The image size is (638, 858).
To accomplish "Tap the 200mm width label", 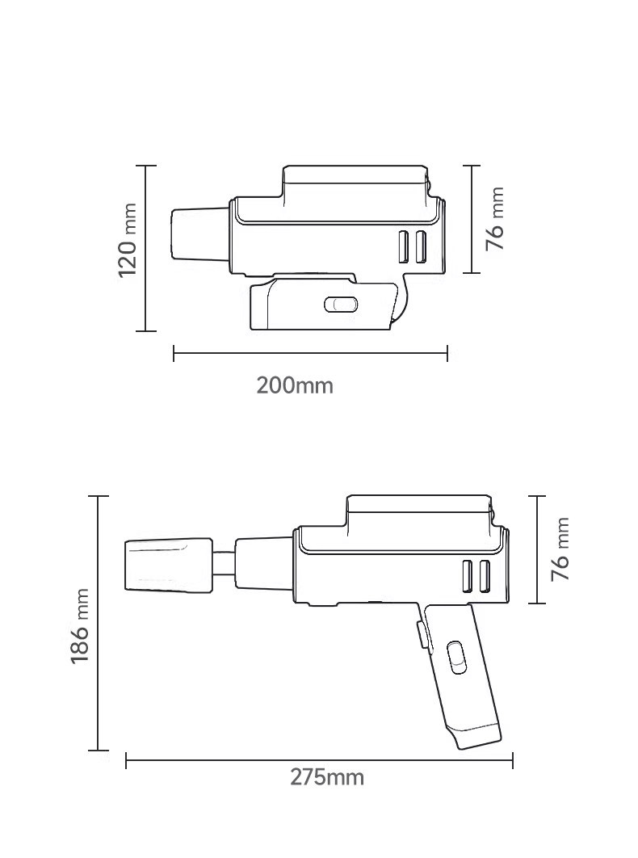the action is (295, 385).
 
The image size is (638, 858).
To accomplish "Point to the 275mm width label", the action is (326, 777).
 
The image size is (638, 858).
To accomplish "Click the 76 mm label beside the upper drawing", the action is (495, 219).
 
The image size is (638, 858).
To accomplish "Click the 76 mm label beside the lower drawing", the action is (560, 549).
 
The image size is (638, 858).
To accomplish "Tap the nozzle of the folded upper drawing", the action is (200, 234).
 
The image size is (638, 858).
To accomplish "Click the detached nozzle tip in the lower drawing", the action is (169, 565).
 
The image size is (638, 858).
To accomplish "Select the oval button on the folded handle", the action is (341, 305).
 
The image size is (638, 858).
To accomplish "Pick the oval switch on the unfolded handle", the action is (455, 657).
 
